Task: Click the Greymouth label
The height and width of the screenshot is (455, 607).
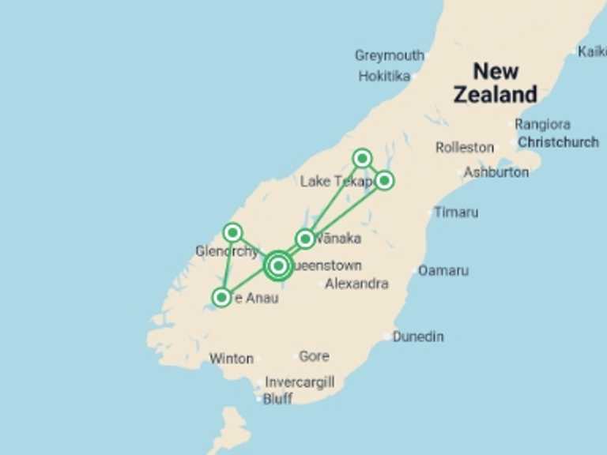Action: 389,55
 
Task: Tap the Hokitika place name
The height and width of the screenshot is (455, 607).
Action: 384,77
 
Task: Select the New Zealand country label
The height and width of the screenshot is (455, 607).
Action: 496,83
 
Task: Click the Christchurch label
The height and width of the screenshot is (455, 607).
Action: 558,143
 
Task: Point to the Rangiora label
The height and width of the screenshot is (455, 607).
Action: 542,124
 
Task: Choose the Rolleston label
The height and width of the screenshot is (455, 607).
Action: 465,148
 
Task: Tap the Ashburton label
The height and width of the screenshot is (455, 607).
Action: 496,171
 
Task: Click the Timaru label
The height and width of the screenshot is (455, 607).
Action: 456,212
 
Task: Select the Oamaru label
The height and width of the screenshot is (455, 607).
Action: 443,270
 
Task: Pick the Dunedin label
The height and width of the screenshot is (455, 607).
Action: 418,337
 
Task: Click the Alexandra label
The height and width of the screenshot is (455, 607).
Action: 356,284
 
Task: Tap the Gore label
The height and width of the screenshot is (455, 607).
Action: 314,356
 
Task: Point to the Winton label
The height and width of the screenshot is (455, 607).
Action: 231,359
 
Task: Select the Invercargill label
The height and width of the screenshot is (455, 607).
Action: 299,382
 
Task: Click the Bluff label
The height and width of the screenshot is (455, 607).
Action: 277,399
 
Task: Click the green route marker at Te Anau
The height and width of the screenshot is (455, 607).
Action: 222,298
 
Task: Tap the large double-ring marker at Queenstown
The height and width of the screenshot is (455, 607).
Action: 278,265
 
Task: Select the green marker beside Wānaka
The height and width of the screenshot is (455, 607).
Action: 305,239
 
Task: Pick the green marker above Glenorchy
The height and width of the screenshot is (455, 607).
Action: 232,232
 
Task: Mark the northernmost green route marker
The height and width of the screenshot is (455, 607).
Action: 362,158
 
